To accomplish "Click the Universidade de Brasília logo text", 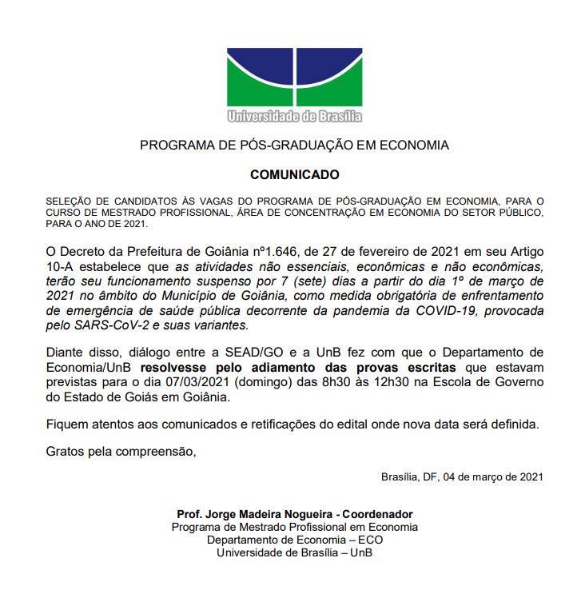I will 294,117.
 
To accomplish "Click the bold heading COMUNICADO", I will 294,174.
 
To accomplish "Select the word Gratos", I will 66,452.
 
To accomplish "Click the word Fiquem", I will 67,423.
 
